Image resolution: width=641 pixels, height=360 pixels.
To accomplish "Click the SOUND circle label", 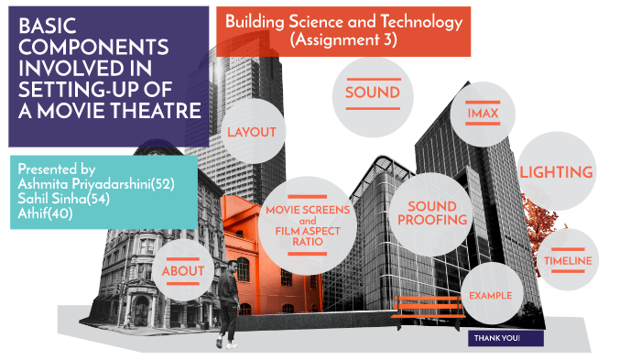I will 372,93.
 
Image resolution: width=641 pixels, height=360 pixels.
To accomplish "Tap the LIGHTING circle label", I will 556,171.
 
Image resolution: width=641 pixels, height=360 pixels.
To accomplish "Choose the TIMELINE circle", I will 568,261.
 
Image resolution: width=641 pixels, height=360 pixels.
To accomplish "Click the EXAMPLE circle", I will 489,296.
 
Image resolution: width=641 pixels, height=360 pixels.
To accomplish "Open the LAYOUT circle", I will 251,132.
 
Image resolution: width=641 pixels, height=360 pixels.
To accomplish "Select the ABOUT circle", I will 183,271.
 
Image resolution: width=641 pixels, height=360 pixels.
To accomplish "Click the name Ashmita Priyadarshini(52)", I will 96,184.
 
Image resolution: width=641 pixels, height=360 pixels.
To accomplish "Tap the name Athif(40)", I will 45,213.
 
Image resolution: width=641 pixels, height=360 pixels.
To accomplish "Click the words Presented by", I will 57,169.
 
